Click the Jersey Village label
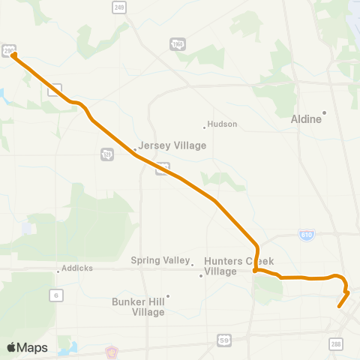pyautogui.click(x=172, y=145)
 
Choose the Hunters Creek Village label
pyautogui.click(x=232, y=265)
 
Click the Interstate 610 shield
pyautogui.click(x=305, y=235)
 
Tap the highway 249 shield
pyautogui.click(x=119, y=7)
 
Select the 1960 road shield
pyautogui.click(x=177, y=46)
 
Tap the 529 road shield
pyautogui.click(x=106, y=154)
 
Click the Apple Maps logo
pyautogui.click(x=27, y=347)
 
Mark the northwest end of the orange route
pyautogui.click(x=14, y=54)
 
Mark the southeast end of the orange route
pyautogui.click(x=340, y=306)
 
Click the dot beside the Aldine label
pyautogui.click(x=325, y=113)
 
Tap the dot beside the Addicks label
pyautogui.click(x=58, y=271)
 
